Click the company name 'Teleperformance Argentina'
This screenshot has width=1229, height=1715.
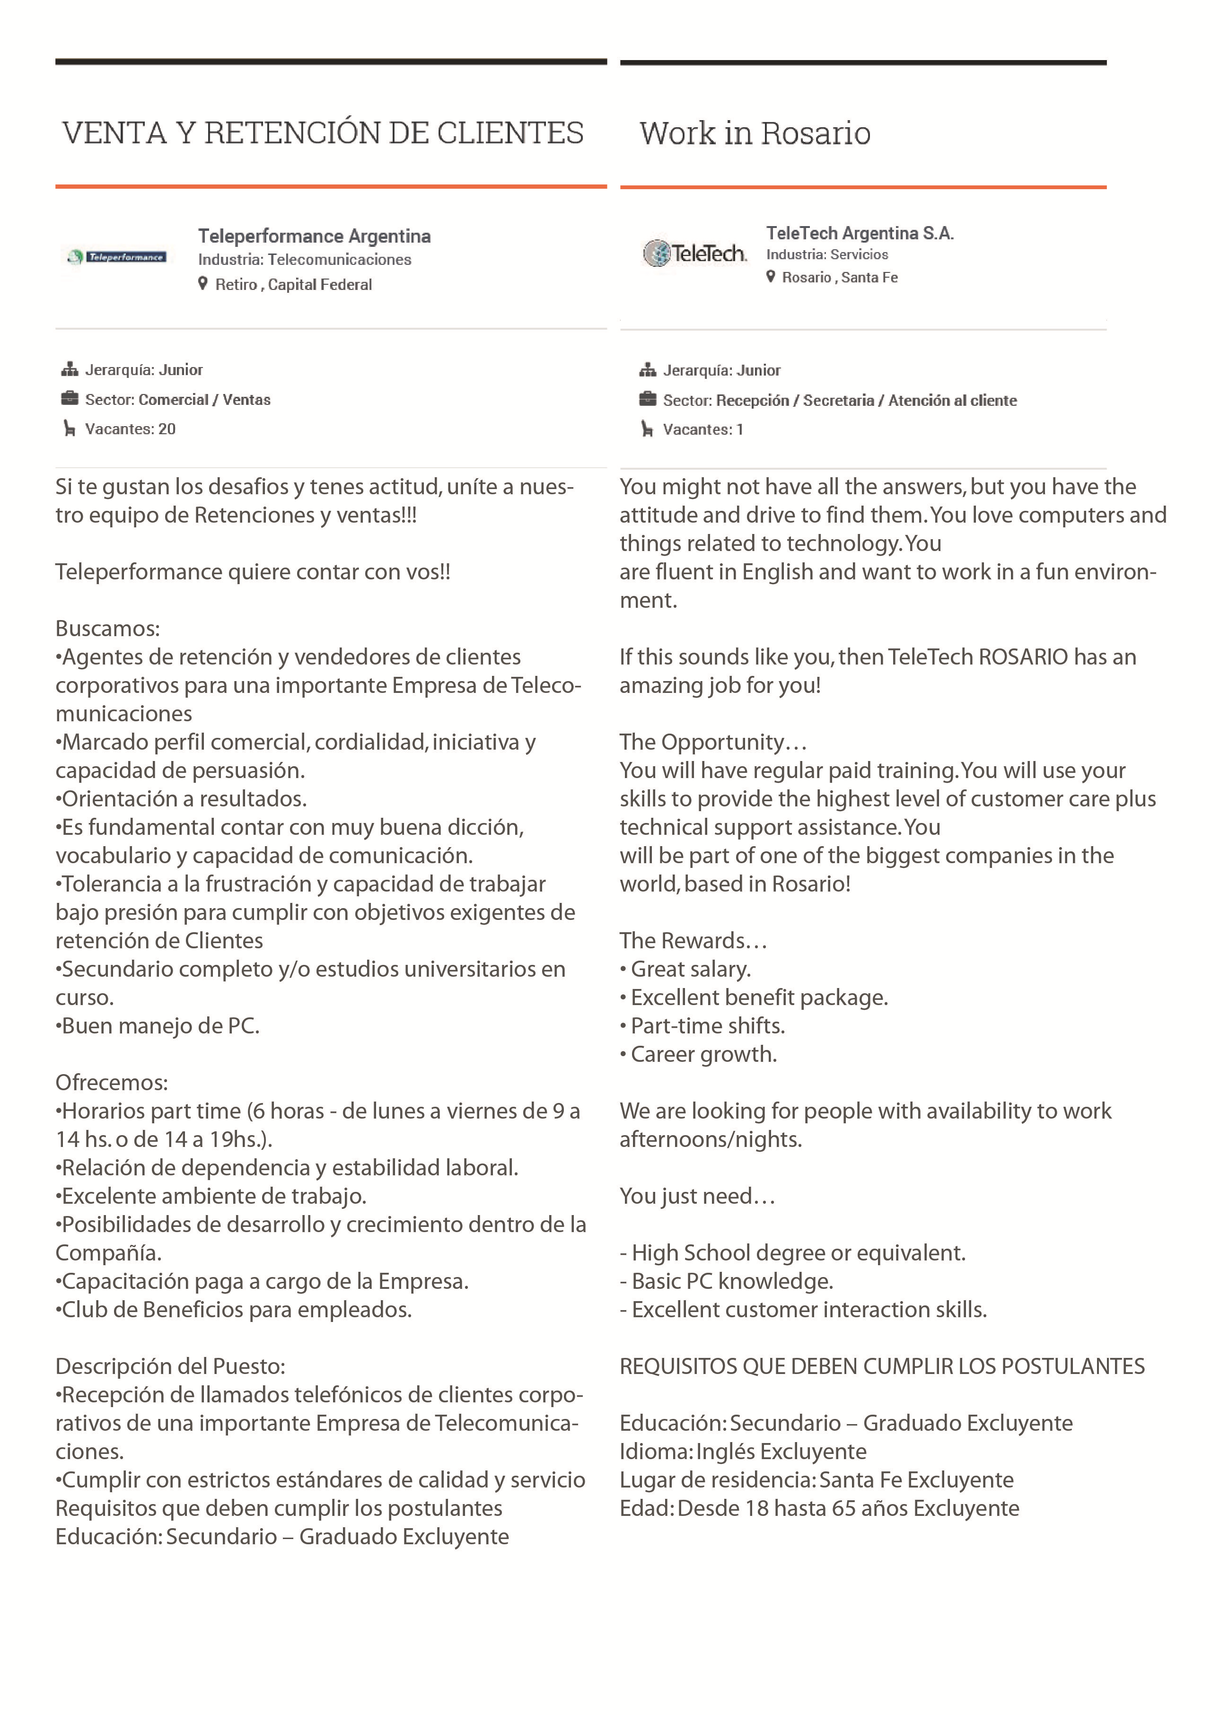click(x=314, y=236)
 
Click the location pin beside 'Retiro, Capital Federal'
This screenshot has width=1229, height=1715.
click(x=202, y=284)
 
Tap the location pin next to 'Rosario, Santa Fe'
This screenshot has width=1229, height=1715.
click(x=771, y=277)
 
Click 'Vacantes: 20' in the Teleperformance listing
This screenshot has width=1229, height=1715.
click(x=130, y=429)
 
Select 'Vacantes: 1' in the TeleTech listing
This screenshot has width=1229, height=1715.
click(x=702, y=429)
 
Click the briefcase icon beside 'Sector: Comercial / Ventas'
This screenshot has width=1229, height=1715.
click(x=70, y=399)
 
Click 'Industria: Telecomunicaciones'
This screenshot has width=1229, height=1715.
click(x=304, y=259)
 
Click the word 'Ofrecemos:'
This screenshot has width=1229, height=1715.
click(x=111, y=1082)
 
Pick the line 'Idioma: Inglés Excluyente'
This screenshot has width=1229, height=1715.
click(x=743, y=1451)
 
